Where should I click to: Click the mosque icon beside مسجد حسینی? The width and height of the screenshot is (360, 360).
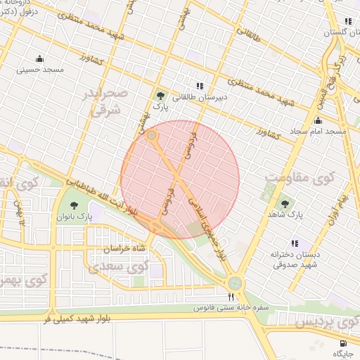(39, 58)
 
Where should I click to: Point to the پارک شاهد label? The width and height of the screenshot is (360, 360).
(295, 216)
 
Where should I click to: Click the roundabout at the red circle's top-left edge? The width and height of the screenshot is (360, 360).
(152, 135)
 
